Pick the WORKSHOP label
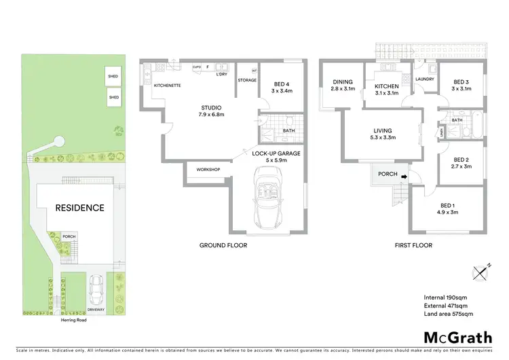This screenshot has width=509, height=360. click(x=208, y=169)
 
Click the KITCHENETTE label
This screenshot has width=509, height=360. click(x=167, y=86)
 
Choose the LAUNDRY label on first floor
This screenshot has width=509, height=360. click(x=424, y=79)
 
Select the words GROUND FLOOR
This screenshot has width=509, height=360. click(x=223, y=245)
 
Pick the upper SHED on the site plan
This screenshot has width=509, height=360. click(x=113, y=77)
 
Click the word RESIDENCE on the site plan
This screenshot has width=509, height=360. click(x=79, y=208)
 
